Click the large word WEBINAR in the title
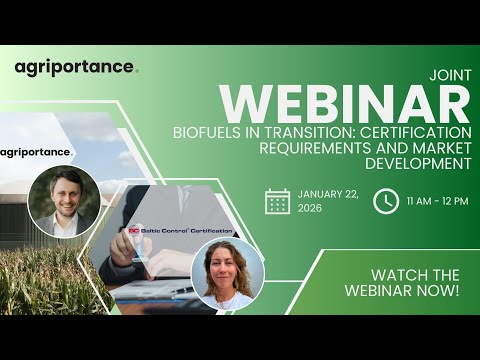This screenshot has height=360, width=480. [x=345, y=102]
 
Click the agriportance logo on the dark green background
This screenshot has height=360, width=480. [x=76, y=67]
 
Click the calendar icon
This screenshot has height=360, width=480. [x=277, y=201]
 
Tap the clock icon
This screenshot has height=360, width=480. [x=385, y=201]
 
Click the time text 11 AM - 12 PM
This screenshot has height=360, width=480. [x=438, y=201]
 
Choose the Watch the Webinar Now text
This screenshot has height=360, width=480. [x=415, y=282]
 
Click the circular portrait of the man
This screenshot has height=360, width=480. [x=64, y=200]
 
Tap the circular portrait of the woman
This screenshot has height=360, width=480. [x=227, y=272]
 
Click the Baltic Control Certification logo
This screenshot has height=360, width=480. [x=180, y=230]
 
